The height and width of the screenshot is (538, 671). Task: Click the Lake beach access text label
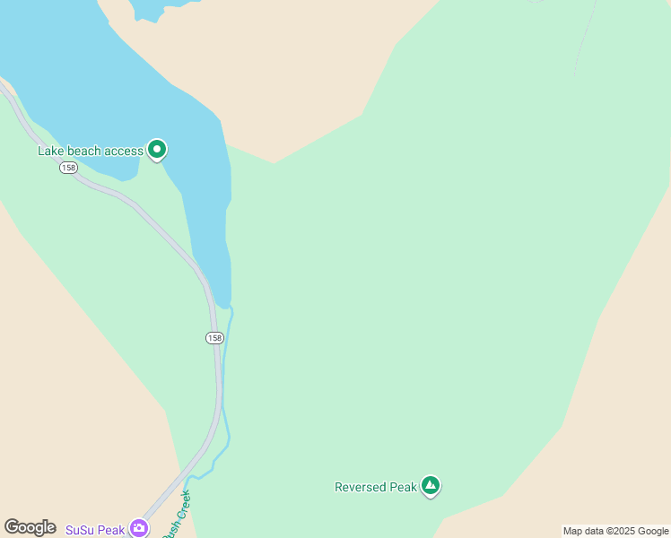90,151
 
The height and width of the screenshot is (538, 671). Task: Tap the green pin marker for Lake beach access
157,149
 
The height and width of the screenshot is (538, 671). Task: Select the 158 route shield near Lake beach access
68,169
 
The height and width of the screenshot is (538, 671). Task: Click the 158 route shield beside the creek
213,338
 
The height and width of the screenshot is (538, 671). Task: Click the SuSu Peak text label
95,530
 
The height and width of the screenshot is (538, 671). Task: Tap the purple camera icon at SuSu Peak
139,528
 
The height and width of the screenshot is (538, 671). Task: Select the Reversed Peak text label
376,488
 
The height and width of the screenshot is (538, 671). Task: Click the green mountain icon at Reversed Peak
431,486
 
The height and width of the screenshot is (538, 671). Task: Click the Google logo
30,527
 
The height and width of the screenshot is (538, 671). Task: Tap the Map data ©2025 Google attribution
615,531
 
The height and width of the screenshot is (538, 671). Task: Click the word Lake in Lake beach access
50,151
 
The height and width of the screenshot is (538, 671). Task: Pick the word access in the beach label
124,151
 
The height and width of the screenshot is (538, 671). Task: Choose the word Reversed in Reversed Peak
362,488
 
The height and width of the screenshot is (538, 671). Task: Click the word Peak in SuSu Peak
111,530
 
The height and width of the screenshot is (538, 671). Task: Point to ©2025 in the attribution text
618,531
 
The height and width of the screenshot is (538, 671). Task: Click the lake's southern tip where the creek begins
224,304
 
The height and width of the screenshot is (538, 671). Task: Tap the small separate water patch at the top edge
148,8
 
